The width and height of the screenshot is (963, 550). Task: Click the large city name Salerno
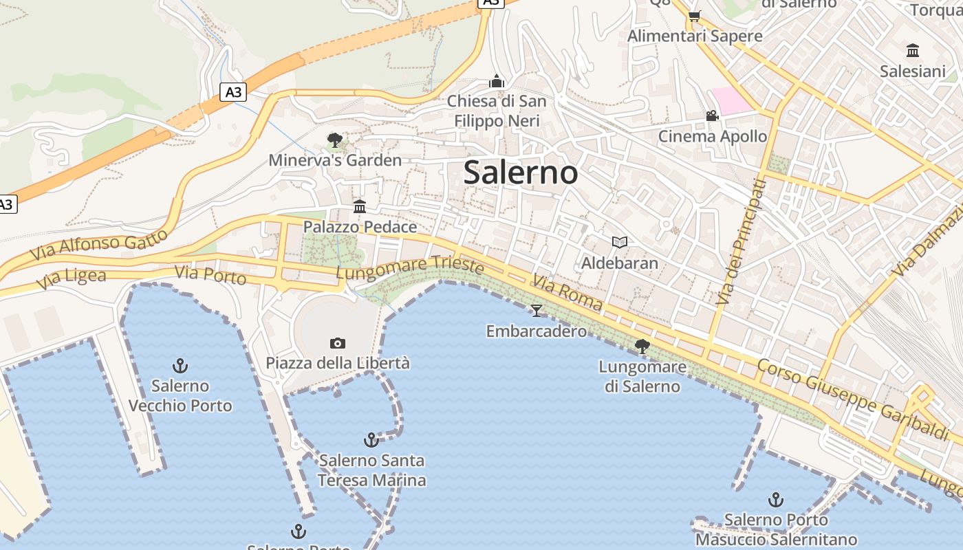(520, 172)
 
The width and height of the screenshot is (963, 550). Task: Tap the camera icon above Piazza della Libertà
(337, 343)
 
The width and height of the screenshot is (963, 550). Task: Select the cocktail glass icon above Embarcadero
(537, 311)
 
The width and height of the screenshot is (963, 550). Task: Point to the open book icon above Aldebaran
(620, 242)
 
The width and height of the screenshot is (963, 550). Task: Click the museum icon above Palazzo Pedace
(359, 206)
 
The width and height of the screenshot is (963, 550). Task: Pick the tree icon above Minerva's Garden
(335, 140)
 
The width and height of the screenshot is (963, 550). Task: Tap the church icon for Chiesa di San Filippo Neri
(497, 81)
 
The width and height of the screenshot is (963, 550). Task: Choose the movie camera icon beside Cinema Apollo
(712, 115)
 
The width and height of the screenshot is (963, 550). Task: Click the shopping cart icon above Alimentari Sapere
(694, 16)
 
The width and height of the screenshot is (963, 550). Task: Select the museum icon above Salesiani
(913, 50)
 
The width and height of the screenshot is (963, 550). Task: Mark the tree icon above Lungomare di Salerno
(642, 346)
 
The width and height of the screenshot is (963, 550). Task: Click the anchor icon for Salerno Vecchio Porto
(180, 365)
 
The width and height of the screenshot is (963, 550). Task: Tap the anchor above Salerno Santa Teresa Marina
(371, 439)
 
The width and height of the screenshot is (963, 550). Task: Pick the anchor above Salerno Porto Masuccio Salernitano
(776, 500)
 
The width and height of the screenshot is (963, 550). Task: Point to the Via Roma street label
(567, 293)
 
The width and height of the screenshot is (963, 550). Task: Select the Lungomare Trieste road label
(410, 268)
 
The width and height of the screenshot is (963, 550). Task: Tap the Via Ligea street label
(72, 278)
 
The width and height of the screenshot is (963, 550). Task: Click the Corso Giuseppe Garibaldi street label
(853, 399)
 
